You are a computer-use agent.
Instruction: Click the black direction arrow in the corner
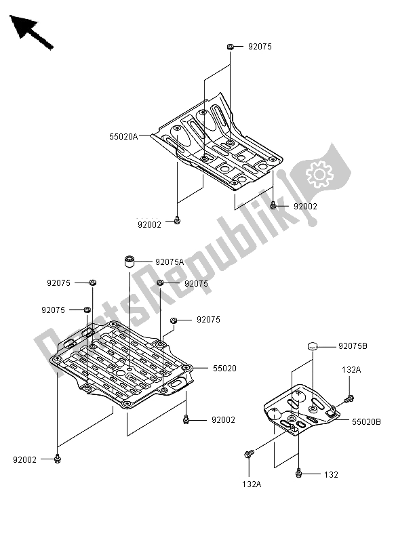coord(31,31)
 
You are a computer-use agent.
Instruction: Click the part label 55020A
coord(123,137)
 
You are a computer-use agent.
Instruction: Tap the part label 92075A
coord(170,262)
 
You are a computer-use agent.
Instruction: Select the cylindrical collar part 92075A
coord(129,262)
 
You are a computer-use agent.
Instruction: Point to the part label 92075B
coord(353,346)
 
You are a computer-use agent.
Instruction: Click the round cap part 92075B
coord(313,346)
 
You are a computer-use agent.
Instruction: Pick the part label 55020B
coord(366,421)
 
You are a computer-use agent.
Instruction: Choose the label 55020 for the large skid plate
coord(224,369)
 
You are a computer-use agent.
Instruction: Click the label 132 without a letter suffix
coord(331,475)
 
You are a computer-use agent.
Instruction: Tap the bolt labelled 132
coord(298,473)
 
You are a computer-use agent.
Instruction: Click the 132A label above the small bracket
coord(351,370)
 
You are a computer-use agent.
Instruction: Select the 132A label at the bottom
coord(252,484)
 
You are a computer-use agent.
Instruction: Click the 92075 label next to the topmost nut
coord(260,46)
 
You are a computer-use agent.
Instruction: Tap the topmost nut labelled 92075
coord(230,46)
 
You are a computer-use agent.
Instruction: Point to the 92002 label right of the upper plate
coord(305,207)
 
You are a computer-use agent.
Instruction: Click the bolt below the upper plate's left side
coord(177,220)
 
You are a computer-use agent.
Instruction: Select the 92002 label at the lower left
coord(24,460)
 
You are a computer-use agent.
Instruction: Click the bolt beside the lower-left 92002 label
coord(58,459)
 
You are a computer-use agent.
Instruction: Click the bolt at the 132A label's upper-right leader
coord(349,399)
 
